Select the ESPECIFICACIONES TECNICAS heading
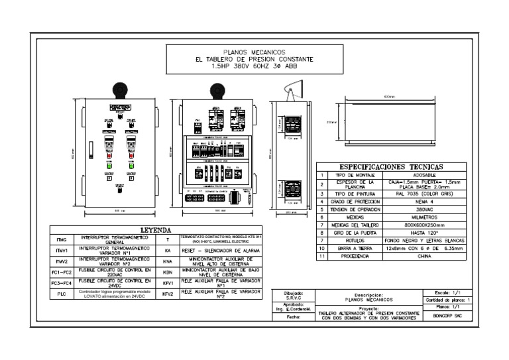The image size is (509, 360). point(392,167)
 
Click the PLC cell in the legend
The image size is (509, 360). point(61,293)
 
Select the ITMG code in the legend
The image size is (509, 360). point(61,239)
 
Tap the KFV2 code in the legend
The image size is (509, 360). point(168,293)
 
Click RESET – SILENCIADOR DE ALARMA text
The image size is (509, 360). point(222,251)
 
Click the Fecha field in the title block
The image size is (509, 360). point(293,317)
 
